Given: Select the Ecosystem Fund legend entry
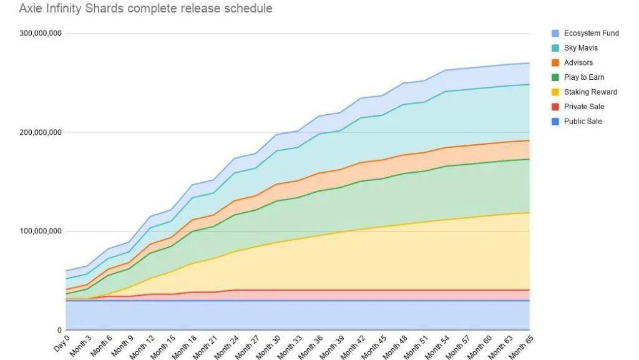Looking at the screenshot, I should point(591,33).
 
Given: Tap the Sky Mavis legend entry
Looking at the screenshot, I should point(580,48).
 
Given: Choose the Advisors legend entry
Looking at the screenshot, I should point(578,62).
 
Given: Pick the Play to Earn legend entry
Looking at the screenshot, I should point(583,77).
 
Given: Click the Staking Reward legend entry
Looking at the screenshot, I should point(590,92).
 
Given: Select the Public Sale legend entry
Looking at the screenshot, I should point(583,122).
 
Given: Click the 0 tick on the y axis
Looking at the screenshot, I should point(59,330).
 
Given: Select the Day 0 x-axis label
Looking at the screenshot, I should point(62,343).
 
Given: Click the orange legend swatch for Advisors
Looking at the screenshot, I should point(555,62).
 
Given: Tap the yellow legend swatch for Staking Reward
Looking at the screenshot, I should point(555,92).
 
